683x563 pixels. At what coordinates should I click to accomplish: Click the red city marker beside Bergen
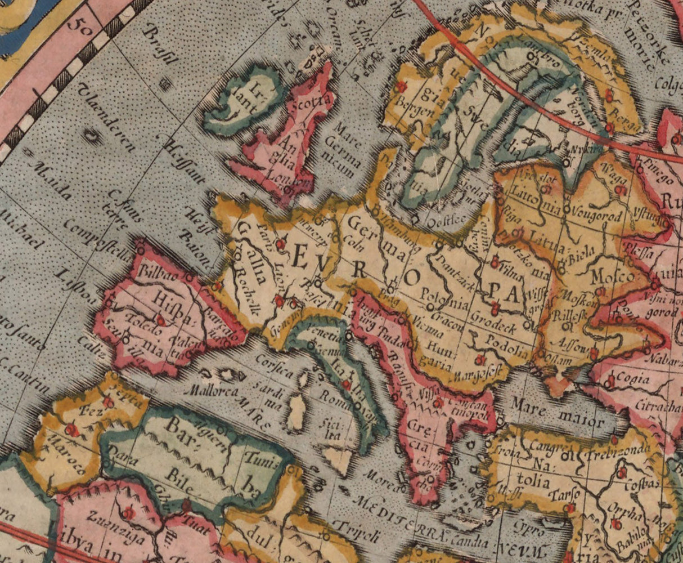click(x=401, y=87)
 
